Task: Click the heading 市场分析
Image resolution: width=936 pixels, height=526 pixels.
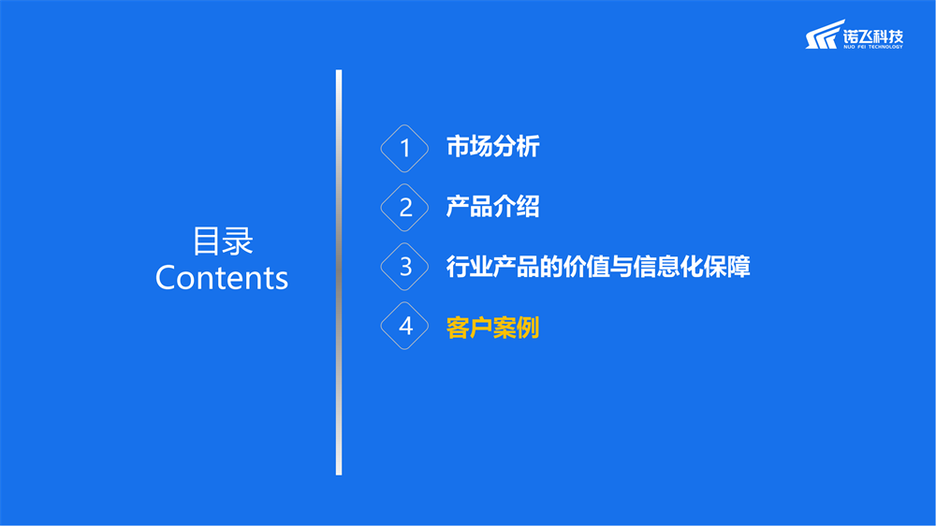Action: (x=493, y=147)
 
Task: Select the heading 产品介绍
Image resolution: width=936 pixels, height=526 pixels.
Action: (x=493, y=207)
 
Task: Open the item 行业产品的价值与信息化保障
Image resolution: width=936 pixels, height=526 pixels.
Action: (x=598, y=267)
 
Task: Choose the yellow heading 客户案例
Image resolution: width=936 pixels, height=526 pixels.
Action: (x=493, y=328)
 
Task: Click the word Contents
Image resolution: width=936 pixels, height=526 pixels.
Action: (x=222, y=278)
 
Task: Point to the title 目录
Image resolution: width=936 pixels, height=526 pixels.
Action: (x=223, y=241)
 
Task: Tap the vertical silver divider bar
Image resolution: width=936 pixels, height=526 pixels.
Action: (x=339, y=272)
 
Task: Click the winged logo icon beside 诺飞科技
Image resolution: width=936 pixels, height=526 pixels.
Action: (x=825, y=35)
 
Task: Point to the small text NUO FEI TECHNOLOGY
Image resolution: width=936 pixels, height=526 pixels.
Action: (x=873, y=47)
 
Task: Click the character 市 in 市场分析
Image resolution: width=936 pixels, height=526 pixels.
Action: (x=458, y=147)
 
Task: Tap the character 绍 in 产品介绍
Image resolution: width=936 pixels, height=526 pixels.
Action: (x=528, y=207)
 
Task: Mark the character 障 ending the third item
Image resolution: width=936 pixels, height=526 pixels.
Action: (x=739, y=267)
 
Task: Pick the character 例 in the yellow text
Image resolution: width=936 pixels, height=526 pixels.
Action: (x=528, y=328)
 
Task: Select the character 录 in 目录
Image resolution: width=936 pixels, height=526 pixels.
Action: (x=238, y=241)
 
